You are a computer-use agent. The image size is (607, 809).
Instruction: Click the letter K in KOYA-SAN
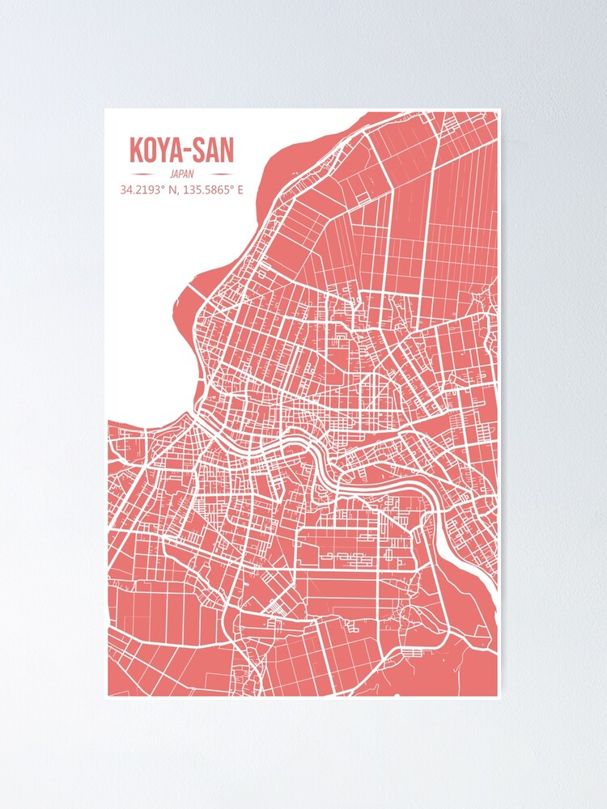[x=136, y=150]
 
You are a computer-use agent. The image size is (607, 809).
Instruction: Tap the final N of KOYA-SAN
[x=227, y=150]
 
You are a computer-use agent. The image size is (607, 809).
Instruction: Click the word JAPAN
[x=182, y=174]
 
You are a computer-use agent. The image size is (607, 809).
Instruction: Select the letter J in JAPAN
[x=172, y=174]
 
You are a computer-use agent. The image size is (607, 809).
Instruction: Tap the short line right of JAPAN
[x=218, y=174]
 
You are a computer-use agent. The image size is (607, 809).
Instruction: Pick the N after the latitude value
[x=172, y=191]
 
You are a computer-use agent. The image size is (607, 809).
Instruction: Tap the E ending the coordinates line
[x=240, y=191]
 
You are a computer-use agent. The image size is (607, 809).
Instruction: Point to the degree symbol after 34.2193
[x=163, y=188]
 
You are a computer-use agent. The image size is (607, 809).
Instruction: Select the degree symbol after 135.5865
[x=231, y=188]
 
